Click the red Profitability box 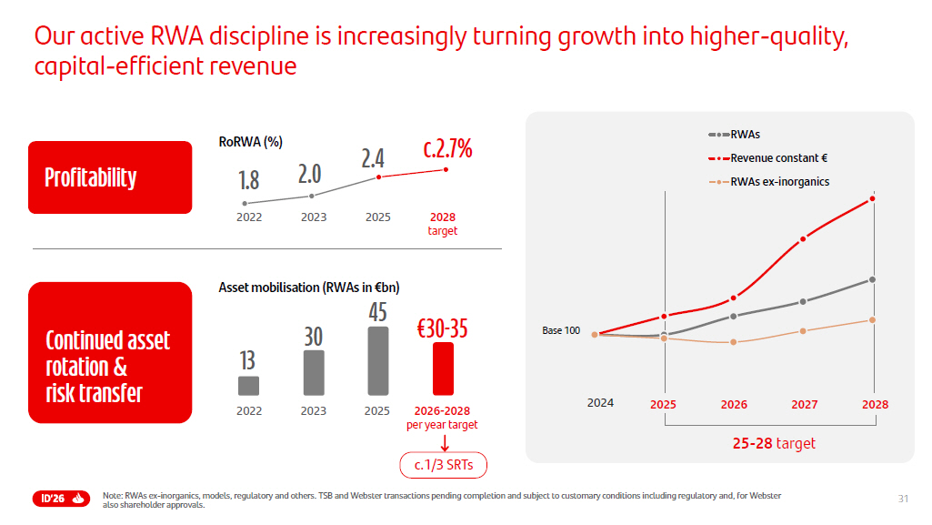[110, 177]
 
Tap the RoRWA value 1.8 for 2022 [248, 180]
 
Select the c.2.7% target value [447, 149]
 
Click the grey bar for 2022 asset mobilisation [248, 386]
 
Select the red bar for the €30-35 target [443, 369]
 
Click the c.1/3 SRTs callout [443, 466]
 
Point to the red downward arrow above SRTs [444, 443]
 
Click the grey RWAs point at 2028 [872, 279]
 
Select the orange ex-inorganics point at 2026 [734, 342]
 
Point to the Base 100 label [561, 330]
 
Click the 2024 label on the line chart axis [600, 403]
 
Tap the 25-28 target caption [774, 444]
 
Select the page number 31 [903, 498]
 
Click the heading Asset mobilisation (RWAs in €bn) [309, 288]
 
